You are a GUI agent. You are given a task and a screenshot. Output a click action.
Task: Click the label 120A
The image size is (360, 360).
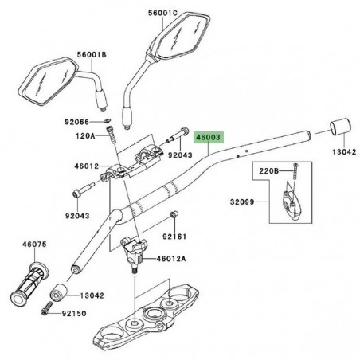pos(86,135)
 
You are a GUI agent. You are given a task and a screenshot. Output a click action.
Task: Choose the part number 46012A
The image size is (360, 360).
pos(170,259)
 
